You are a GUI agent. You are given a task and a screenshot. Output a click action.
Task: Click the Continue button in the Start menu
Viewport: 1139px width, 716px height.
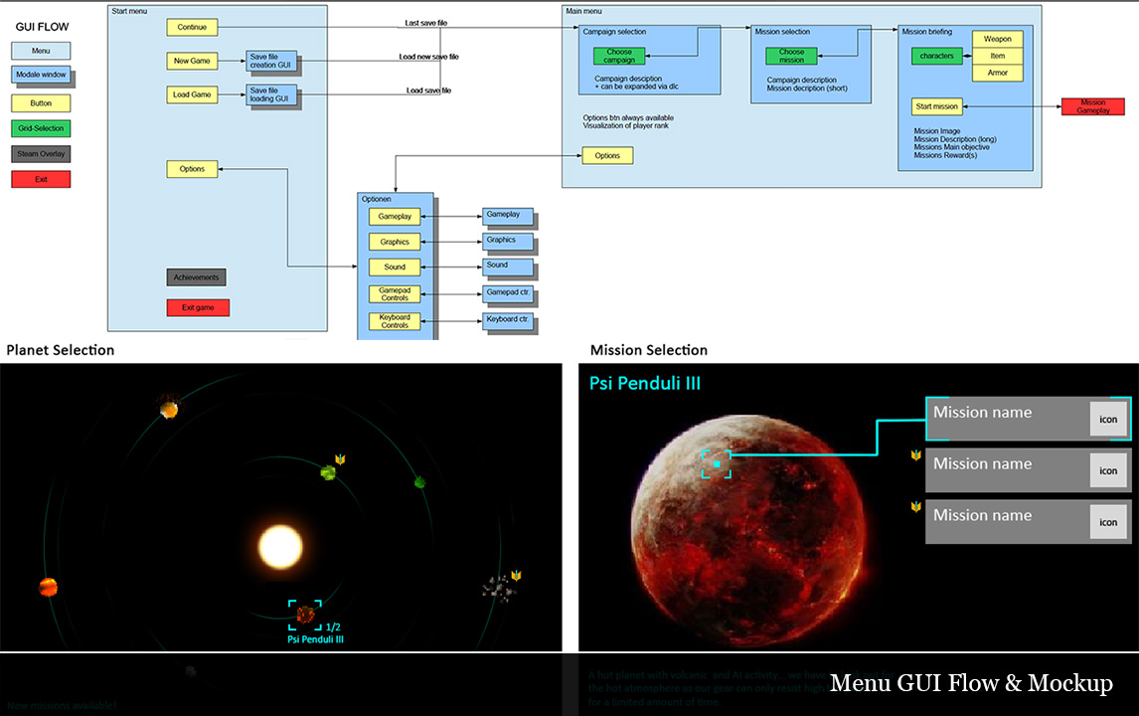pos(192,28)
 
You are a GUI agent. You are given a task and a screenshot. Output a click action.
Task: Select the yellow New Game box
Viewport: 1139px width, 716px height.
pos(192,62)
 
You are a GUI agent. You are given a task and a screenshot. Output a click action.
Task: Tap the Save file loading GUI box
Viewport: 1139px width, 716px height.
pos(271,95)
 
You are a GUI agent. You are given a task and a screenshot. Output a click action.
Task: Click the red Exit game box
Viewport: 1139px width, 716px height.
pos(198,307)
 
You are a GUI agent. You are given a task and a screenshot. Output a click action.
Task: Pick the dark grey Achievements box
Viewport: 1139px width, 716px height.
pos(196,277)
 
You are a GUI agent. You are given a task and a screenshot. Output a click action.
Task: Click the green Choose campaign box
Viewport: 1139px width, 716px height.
pos(618,56)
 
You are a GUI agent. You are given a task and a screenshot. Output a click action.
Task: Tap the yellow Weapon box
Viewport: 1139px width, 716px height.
pos(997,39)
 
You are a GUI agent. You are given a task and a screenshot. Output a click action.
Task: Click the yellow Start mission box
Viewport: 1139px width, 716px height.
pos(936,106)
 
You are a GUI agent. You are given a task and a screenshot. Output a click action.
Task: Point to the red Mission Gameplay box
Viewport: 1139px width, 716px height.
pos(1092,106)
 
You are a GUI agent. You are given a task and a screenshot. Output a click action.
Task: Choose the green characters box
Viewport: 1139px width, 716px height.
pos(936,57)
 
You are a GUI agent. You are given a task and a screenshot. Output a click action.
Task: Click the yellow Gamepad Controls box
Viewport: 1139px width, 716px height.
pos(395,293)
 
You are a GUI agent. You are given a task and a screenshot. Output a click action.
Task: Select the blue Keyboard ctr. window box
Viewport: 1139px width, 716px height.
pos(507,320)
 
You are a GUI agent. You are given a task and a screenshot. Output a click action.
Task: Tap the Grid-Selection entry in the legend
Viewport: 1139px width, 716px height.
pos(41,127)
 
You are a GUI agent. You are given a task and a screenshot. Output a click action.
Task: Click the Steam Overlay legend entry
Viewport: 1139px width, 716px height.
pos(41,154)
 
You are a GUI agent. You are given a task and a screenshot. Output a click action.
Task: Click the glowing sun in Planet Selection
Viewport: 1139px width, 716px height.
pos(280,546)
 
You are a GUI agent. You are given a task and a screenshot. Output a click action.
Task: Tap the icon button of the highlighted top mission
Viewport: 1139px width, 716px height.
pos(1108,419)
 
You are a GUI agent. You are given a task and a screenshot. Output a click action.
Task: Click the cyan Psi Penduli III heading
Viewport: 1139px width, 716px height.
pos(645,383)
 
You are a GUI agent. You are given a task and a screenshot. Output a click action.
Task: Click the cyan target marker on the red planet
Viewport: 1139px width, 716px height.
pos(717,463)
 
